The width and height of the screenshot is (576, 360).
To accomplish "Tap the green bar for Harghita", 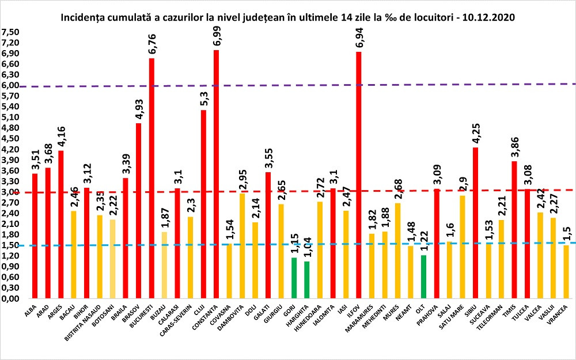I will point(306,280).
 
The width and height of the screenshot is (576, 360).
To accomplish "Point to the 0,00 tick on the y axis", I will point(10,300).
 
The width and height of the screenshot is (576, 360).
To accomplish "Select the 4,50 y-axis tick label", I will point(10,139).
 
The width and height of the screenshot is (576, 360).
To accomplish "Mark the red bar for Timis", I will point(513,230).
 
